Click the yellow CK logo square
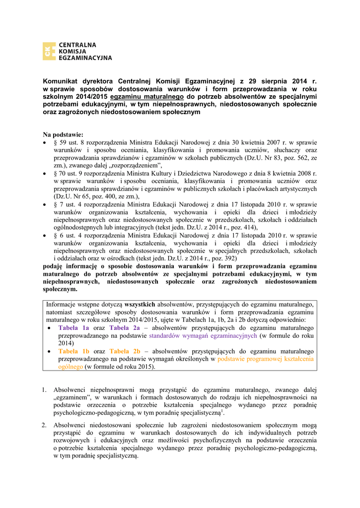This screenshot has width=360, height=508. [x=49, y=51]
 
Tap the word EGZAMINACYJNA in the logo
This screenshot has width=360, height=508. [x=85, y=58]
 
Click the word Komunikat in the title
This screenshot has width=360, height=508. [x=60, y=81]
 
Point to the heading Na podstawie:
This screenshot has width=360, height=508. [x=63, y=134]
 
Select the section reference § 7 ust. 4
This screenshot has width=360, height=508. [x=70, y=204]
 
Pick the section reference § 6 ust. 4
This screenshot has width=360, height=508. [x=70, y=235]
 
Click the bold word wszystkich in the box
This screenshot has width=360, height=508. [x=140, y=305]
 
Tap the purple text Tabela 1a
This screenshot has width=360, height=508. [x=73, y=328]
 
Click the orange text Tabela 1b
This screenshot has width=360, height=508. [x=73, y=351]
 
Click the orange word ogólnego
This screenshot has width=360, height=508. [x=71, y=367]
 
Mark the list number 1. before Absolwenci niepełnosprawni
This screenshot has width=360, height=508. [x=44, y=390]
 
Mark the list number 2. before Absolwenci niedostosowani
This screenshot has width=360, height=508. [x=44, y=425]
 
